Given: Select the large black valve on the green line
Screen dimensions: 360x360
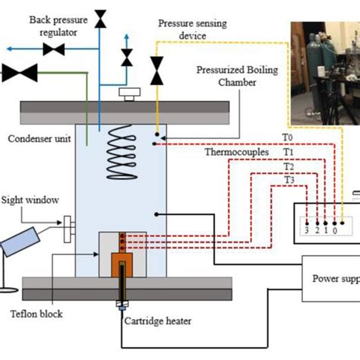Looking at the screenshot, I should click(x=20, y=74).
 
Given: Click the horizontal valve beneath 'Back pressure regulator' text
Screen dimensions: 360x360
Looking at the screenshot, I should click(x=54, y=49).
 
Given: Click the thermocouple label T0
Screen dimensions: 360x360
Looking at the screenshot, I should click(x=287, y=137).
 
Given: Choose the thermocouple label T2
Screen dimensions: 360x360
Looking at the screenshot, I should click(x=289, y=166).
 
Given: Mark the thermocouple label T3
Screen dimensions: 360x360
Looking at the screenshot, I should click(x=289, y=179).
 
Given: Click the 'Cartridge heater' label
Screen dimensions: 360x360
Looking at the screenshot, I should click(x=158, y=321).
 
